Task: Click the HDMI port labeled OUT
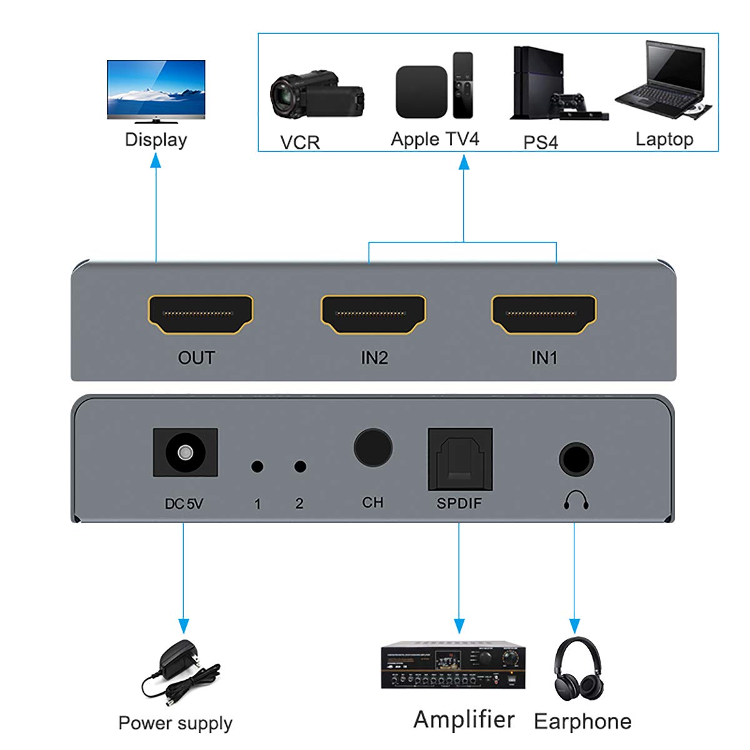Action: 201,314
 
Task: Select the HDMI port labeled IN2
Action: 373,314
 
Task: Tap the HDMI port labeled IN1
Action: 544,314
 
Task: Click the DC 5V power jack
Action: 185,452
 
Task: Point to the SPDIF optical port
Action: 460,459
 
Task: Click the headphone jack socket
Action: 576,460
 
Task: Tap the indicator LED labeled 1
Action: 257,466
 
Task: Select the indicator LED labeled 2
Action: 300,466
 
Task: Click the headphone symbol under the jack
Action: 576,499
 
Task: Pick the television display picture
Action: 156,91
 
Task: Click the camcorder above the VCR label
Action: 316,96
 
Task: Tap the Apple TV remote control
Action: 463,85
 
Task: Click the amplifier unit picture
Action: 453,666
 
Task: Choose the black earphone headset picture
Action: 578,669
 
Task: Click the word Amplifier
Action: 464,719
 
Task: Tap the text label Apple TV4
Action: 434,139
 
